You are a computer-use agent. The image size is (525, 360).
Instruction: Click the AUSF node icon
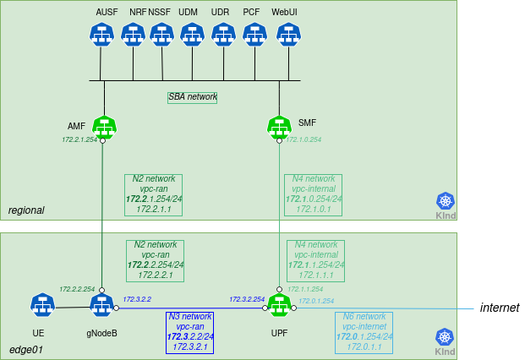pyautogui.click(x=101, y=34)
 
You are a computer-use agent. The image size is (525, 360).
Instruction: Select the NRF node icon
pyautogui.click(x=133, y=34)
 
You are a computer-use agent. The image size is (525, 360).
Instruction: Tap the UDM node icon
pyautogui.click(x=192, y=34)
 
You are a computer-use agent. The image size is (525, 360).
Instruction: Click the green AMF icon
pyautogui.click(x=104, y=128)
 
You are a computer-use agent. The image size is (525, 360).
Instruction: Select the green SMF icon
pyautogui.click(x=279, y=128)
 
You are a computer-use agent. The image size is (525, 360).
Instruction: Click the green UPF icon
pyautogui.click(x=279, y=305)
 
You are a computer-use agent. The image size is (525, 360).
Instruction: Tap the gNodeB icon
pyautogui.click(x=101, y=305)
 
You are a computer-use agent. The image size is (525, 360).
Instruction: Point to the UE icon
pyautogui.click(x=42, y=305)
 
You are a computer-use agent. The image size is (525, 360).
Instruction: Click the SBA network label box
pyautogui.click(x=192, y=97)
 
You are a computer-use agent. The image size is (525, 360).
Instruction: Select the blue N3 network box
pyautogui.click(x=189, y=331)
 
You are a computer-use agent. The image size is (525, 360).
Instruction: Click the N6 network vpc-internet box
pyautogui.click(x=364, y=331)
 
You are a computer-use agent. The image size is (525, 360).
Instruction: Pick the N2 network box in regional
pyautogui.click(x=154, y=194)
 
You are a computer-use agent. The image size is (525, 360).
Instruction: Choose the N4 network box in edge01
pyautogui.click(x=314, y=260)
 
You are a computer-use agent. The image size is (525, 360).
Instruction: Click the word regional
pyautogui.click(x=26, y=210)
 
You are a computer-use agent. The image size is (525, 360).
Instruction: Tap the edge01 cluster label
pyautogui.click(x=25, y=349)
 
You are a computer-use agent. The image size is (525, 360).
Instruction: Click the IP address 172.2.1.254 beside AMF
pyautogui.click(x=79, y=140)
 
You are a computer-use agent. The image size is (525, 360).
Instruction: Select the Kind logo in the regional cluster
pyautogui.click(x=446, y=201)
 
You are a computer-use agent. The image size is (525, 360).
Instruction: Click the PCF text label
pyautogui.click(x=251, y=12)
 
